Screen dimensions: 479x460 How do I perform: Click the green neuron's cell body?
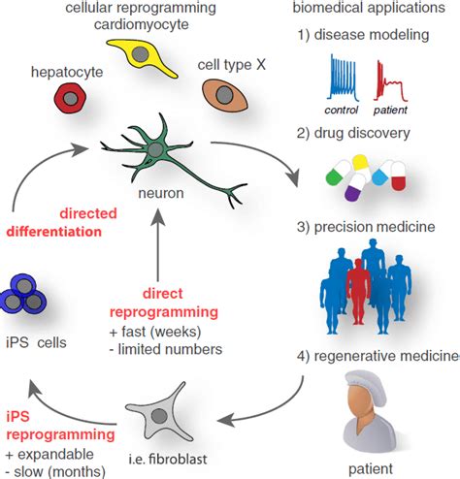(154, 152)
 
